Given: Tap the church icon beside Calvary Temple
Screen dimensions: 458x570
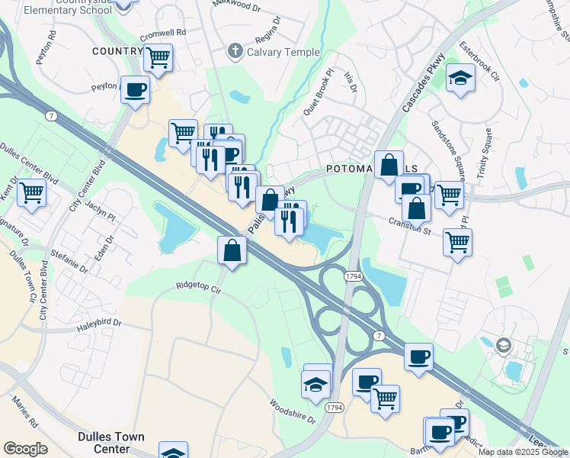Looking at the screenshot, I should [235, 52].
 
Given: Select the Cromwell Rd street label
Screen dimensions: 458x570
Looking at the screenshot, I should [162, 34].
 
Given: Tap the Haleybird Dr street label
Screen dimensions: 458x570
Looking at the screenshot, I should [99, 324].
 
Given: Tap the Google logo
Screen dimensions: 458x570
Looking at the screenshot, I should [25, 449].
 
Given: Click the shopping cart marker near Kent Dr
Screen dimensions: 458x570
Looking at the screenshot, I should [31, 192].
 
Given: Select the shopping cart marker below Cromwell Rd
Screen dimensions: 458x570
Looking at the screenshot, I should [158, 57].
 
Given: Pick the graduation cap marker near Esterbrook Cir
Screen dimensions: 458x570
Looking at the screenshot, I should [460, 78].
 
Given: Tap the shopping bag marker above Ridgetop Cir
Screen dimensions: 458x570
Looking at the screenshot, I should [232, 250].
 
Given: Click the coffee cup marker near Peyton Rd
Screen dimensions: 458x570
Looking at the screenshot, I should [136, 90].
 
